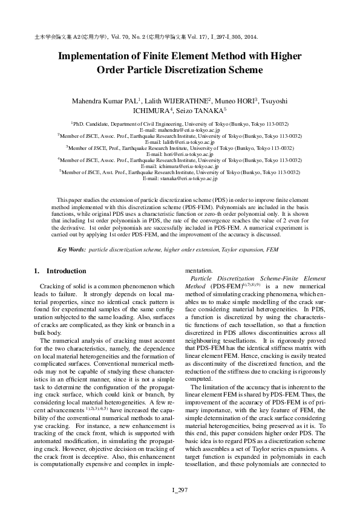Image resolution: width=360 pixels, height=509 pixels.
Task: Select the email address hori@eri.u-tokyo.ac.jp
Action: [x=180, y=155]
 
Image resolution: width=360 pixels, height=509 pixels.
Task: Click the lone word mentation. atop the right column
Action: [x=199, y=271]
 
